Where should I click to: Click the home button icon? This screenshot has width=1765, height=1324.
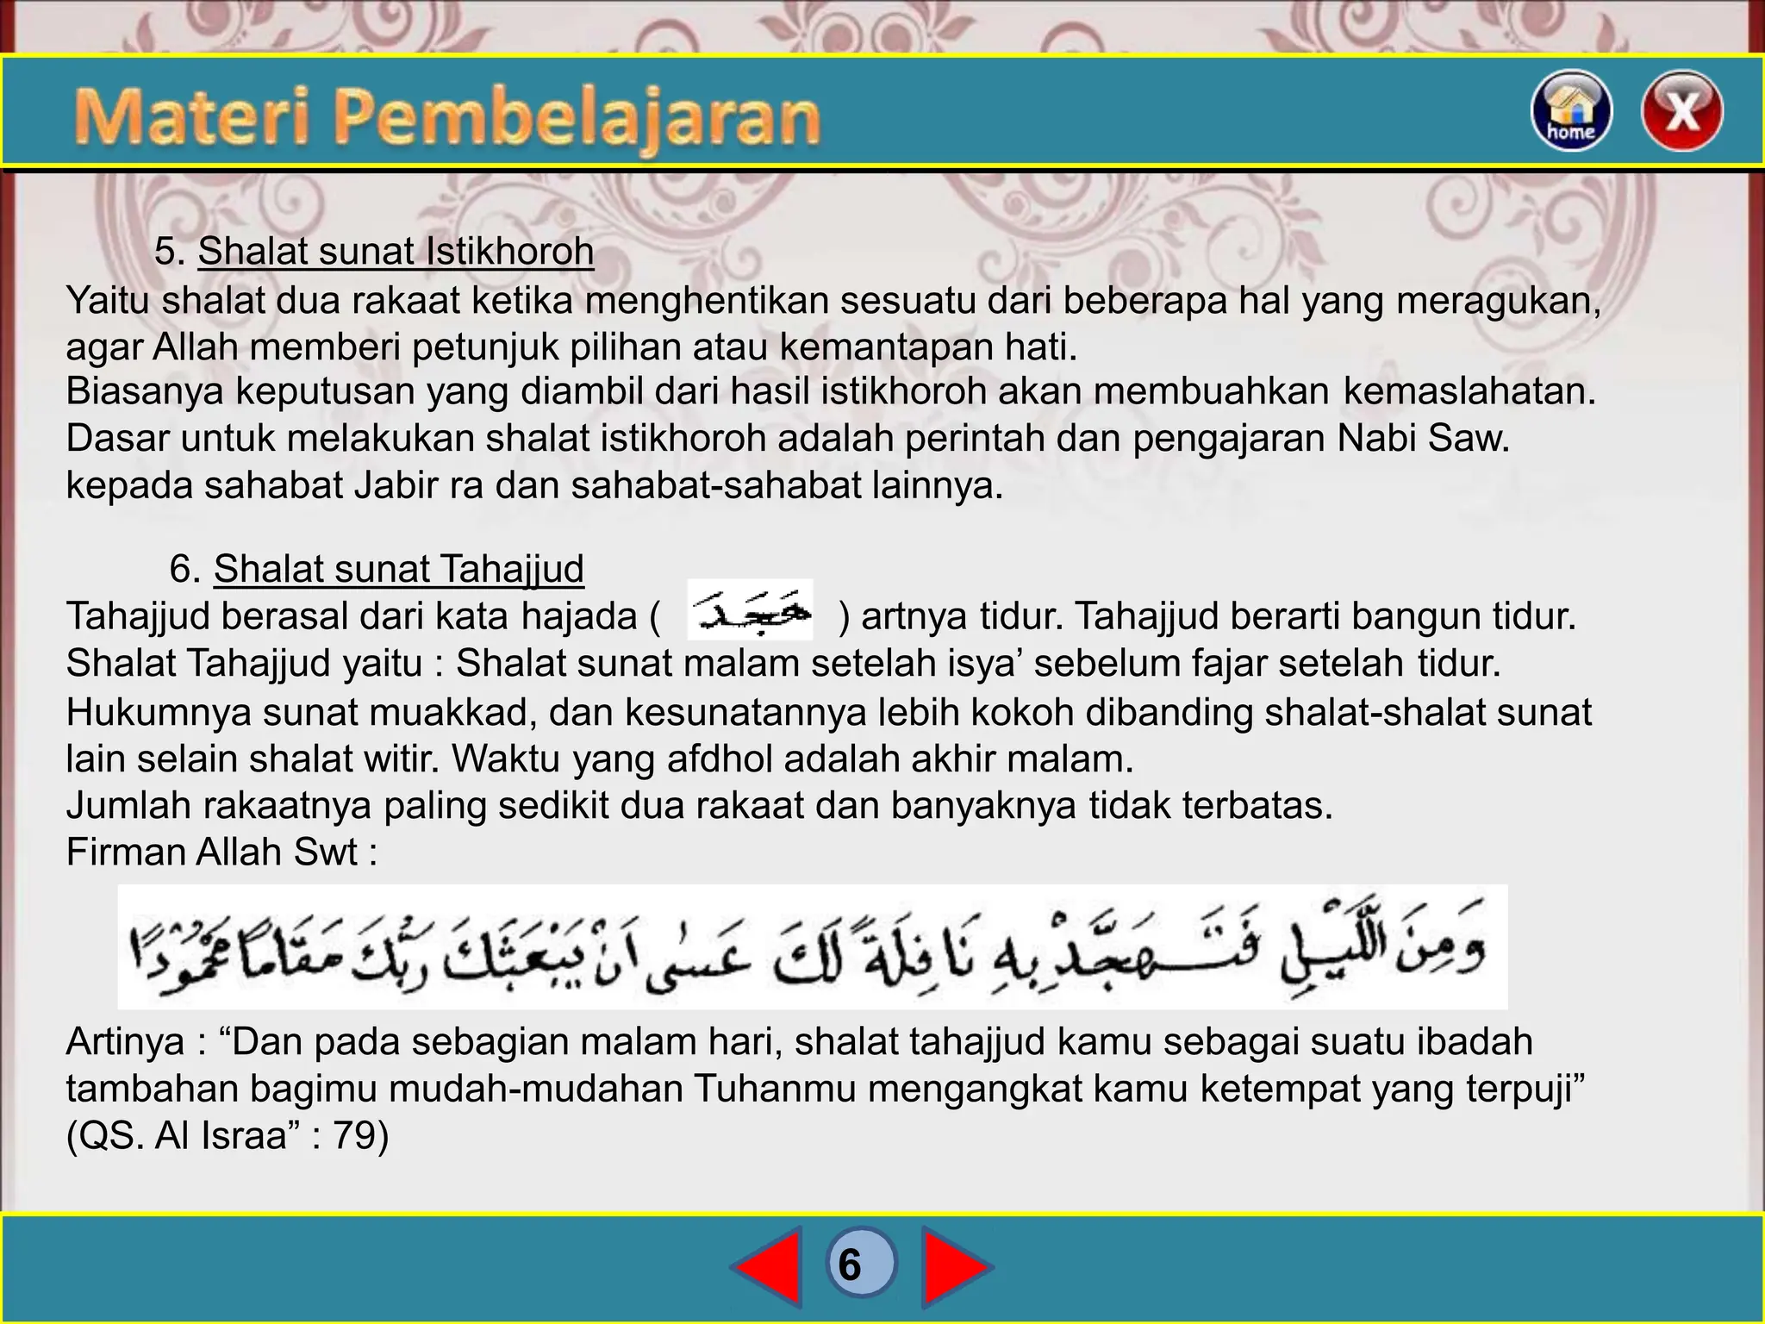coord(1570,110)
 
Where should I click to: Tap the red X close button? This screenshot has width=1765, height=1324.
coord(1681,110)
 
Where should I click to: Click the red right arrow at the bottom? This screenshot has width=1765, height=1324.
coord(955,1265)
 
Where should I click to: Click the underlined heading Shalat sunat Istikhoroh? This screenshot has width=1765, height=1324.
coord(396,252)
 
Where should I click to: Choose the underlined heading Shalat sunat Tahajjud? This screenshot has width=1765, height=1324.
coord(398,569)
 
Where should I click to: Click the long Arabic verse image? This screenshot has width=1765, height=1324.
coord(812,946)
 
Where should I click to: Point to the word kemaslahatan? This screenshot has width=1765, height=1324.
coord(1469,391)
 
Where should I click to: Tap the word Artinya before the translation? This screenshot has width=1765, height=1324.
coord(125,1042)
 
